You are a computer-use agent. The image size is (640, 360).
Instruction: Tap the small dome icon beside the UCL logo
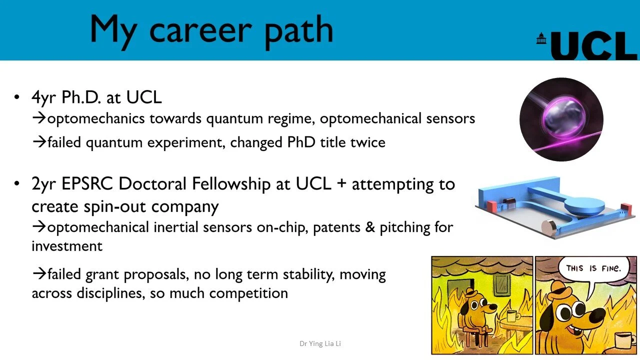click(x=541, y=38)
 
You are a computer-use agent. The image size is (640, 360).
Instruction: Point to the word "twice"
click(x=367, y=142)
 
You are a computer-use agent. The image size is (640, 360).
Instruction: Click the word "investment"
click(x=67, y=246)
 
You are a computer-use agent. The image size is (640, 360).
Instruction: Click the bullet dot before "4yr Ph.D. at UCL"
click(x=17, y=98)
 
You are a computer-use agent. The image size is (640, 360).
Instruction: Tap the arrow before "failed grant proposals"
click(x=39, y=274)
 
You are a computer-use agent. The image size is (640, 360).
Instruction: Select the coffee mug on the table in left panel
click(x=511, y=315)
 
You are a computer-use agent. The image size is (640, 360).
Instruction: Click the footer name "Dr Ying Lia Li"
click(x=320, y=343)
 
